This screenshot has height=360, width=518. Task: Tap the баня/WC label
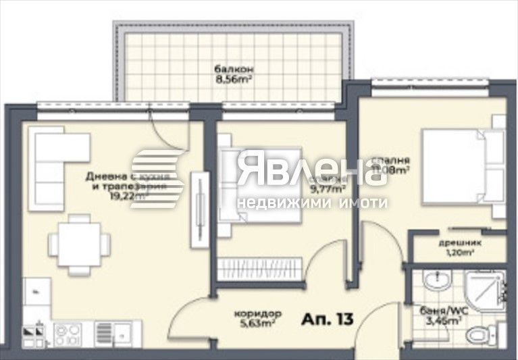pyautogui.click(x=440, y=312)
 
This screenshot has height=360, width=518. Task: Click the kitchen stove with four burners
pyautogui.click(x=68, y=333)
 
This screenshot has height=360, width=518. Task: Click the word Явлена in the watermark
pyautogui.click(x=308, y=169)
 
